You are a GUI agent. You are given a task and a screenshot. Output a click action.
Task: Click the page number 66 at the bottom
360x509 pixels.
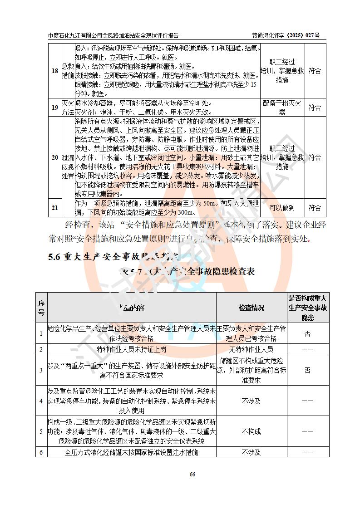click(192, 474)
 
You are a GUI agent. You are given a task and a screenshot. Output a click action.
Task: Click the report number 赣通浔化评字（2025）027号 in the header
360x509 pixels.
click(286, 35)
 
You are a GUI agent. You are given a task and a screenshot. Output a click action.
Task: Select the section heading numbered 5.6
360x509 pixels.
click(114, 257)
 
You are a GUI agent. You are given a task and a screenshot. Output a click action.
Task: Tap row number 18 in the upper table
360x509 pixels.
click(54, 71)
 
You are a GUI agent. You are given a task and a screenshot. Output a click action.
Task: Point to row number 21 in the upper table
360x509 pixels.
click(54, 208)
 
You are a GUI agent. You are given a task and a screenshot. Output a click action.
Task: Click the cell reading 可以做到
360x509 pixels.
click(282, 208)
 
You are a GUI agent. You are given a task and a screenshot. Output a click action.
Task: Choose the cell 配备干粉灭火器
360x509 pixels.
click(282, 108)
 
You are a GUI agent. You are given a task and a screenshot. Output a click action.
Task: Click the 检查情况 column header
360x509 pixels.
click(252, 308)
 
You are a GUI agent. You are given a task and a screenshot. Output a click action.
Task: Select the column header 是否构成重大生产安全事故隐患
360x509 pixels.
click(307, 308)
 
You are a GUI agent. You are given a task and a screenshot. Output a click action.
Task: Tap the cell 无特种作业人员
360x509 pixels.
click(252, 349)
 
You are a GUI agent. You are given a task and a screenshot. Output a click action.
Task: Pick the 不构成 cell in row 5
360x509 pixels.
click(252, 431)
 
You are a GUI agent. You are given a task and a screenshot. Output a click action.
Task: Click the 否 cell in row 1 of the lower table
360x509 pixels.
click(307, 333)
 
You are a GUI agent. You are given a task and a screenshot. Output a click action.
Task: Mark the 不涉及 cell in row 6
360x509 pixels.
click(252, 452)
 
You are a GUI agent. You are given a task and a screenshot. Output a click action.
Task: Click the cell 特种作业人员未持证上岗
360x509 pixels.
click(132, 349)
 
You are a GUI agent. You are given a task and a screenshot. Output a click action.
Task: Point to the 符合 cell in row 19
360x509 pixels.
click(315, 108)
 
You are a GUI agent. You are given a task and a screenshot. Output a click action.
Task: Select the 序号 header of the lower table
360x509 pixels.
click(41, 308)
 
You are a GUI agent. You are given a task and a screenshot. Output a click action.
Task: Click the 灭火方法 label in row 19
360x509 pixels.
click(68, 108)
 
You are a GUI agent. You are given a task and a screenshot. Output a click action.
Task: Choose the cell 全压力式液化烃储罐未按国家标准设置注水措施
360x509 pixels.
click(132, 452)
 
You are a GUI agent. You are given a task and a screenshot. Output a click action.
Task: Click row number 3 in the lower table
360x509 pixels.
click(41, 370)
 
